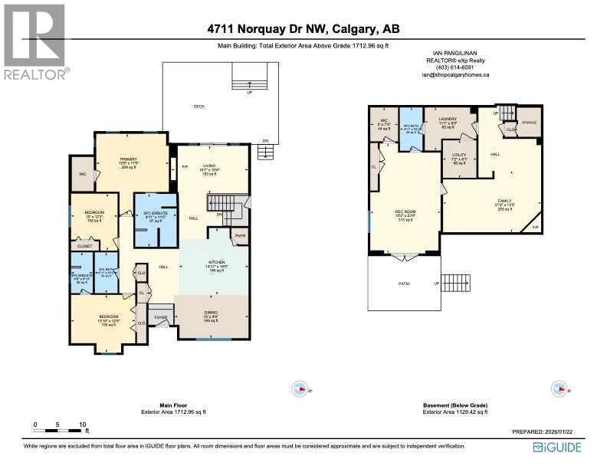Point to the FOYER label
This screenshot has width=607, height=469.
[160, 316]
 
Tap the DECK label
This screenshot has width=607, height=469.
[199, 107]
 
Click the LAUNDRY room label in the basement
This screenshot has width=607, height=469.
[448, 119]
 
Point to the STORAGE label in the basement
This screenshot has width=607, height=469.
[529, 122]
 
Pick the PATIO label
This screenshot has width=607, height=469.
[404, 283]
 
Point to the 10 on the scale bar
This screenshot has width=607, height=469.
[82, 424]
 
